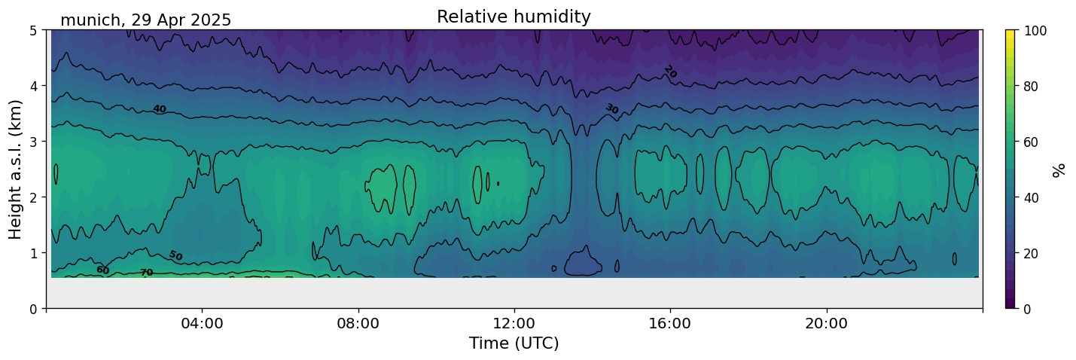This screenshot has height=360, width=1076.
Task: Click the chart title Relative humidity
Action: click(514, 17)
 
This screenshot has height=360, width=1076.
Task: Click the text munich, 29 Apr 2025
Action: click(145, 20)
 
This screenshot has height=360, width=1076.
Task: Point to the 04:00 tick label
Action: click(203, 323)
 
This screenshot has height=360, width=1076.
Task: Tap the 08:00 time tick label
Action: click(358, 323)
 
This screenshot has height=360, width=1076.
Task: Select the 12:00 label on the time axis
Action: click(514, 323)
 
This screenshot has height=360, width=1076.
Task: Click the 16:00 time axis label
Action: click(670, 323)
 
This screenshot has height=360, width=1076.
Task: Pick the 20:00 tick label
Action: click(826, 323)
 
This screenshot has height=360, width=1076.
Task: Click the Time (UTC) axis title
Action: click(514, 343)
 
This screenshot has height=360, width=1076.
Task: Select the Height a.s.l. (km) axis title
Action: click(15, 169)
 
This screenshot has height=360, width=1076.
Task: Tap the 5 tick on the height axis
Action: click(34, 31)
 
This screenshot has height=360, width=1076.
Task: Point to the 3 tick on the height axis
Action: click(34, 142)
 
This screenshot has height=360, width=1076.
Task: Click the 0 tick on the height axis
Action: click(34, 309)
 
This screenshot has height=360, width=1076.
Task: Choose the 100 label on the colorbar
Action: click(1035, 31)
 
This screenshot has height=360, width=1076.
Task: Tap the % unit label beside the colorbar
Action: click(1058, 170)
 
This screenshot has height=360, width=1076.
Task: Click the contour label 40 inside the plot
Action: click(160, 110)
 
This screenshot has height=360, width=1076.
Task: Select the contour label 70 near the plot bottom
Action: click(147, 273)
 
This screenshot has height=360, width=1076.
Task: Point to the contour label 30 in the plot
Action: click(611, 109)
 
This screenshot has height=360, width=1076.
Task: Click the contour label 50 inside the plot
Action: click(175, 256)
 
